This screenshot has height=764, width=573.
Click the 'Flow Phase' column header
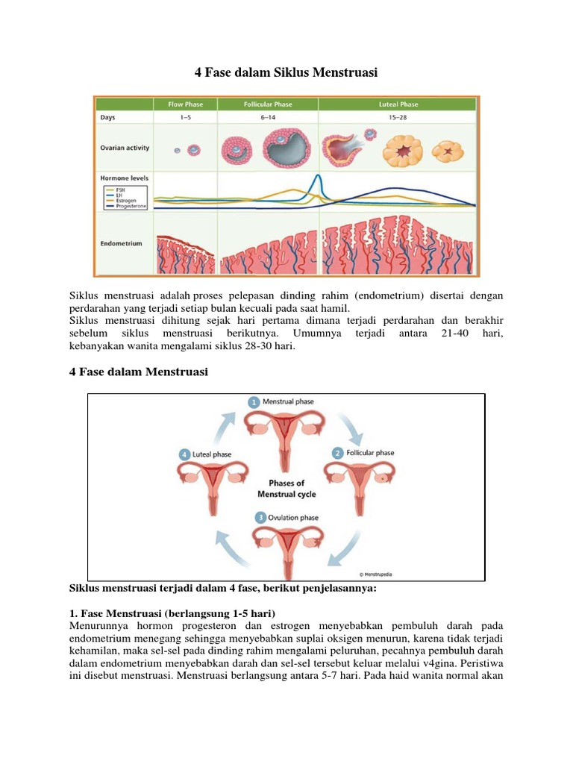click(x=185, y=104)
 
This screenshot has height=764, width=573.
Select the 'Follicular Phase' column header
click(x=268, y=104)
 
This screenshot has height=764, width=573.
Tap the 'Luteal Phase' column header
click(x=398, y=104)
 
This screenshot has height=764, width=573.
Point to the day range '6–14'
click(x=268, y=118)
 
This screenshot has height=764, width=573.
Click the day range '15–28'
click(x=398, y=118)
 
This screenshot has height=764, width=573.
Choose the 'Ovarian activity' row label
click(x=125, y=148)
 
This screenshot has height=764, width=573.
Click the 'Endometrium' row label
click(x=121, y=243)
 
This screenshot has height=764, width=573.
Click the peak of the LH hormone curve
click(x=317, y=177)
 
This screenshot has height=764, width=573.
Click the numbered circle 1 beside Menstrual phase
click(x=254, y=401)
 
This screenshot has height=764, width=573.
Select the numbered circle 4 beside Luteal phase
click(x=184, y=454)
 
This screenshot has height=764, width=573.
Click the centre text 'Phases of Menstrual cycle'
click(x=286, y=489)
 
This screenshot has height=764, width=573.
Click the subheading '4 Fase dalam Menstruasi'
click(x=138, y=372)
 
